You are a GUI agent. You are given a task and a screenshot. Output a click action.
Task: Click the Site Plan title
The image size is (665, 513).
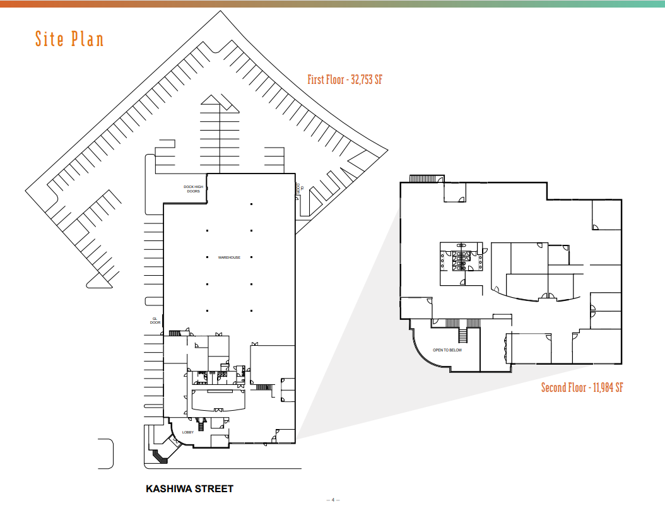click(69, 39)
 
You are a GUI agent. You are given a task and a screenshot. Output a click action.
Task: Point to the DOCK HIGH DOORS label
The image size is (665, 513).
click(193, 189)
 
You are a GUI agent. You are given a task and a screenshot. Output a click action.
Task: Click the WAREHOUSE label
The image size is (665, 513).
click(229, 257)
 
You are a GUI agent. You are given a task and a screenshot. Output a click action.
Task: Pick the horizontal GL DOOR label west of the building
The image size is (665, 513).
click(155, 321)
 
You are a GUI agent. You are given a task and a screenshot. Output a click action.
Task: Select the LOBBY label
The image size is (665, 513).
click(188, 432)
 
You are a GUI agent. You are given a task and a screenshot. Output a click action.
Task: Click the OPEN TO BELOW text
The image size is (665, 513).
click(447, 350)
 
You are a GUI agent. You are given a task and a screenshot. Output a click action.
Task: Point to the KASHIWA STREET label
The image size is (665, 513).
click(189, 489)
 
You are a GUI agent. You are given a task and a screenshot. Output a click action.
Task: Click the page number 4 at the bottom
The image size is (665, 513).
click(333, 500)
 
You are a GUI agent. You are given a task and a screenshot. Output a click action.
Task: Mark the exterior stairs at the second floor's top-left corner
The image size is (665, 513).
click(427, 179)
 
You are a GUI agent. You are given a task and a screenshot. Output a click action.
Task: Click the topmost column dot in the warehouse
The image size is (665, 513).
click(251, 204)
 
